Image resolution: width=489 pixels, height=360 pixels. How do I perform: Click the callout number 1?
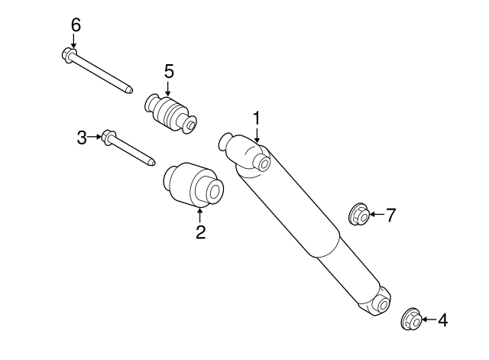coord(257,118)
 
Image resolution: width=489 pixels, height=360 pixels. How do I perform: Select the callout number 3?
coord(83,138)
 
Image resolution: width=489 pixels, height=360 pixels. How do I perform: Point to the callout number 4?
coord(442,319)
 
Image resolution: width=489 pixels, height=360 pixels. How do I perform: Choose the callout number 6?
coord(75,24)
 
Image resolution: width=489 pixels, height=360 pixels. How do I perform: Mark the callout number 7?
coord(390,216)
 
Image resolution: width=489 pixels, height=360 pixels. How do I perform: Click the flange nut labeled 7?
coord(359,215)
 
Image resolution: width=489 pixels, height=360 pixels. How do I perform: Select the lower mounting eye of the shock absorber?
coord(380,304)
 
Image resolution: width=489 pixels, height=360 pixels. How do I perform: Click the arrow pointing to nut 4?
coord(428,319)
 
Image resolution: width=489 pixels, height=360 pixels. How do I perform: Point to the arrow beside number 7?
coord(377,216)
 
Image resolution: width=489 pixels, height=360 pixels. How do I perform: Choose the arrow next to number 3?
coord(96,138)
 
